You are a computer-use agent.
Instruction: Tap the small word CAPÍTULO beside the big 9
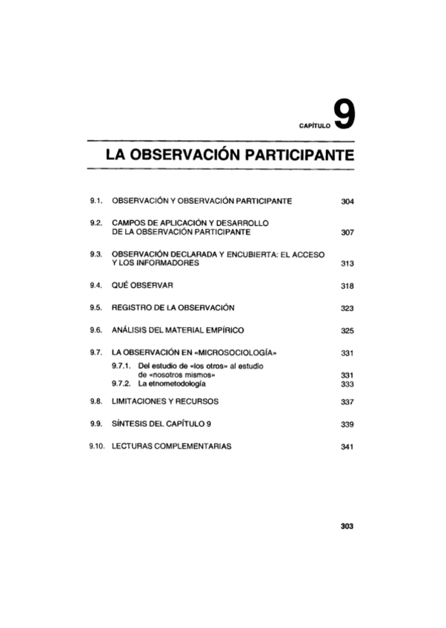pyautogui.click(x=313, y=127)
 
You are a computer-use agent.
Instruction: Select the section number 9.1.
pyautogui.click(x=95, y=201)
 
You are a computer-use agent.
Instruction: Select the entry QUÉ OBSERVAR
pyautogui.click(x=142, y=285)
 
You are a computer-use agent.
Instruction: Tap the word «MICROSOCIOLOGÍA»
pyautogui.click(x=240, y=352)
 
